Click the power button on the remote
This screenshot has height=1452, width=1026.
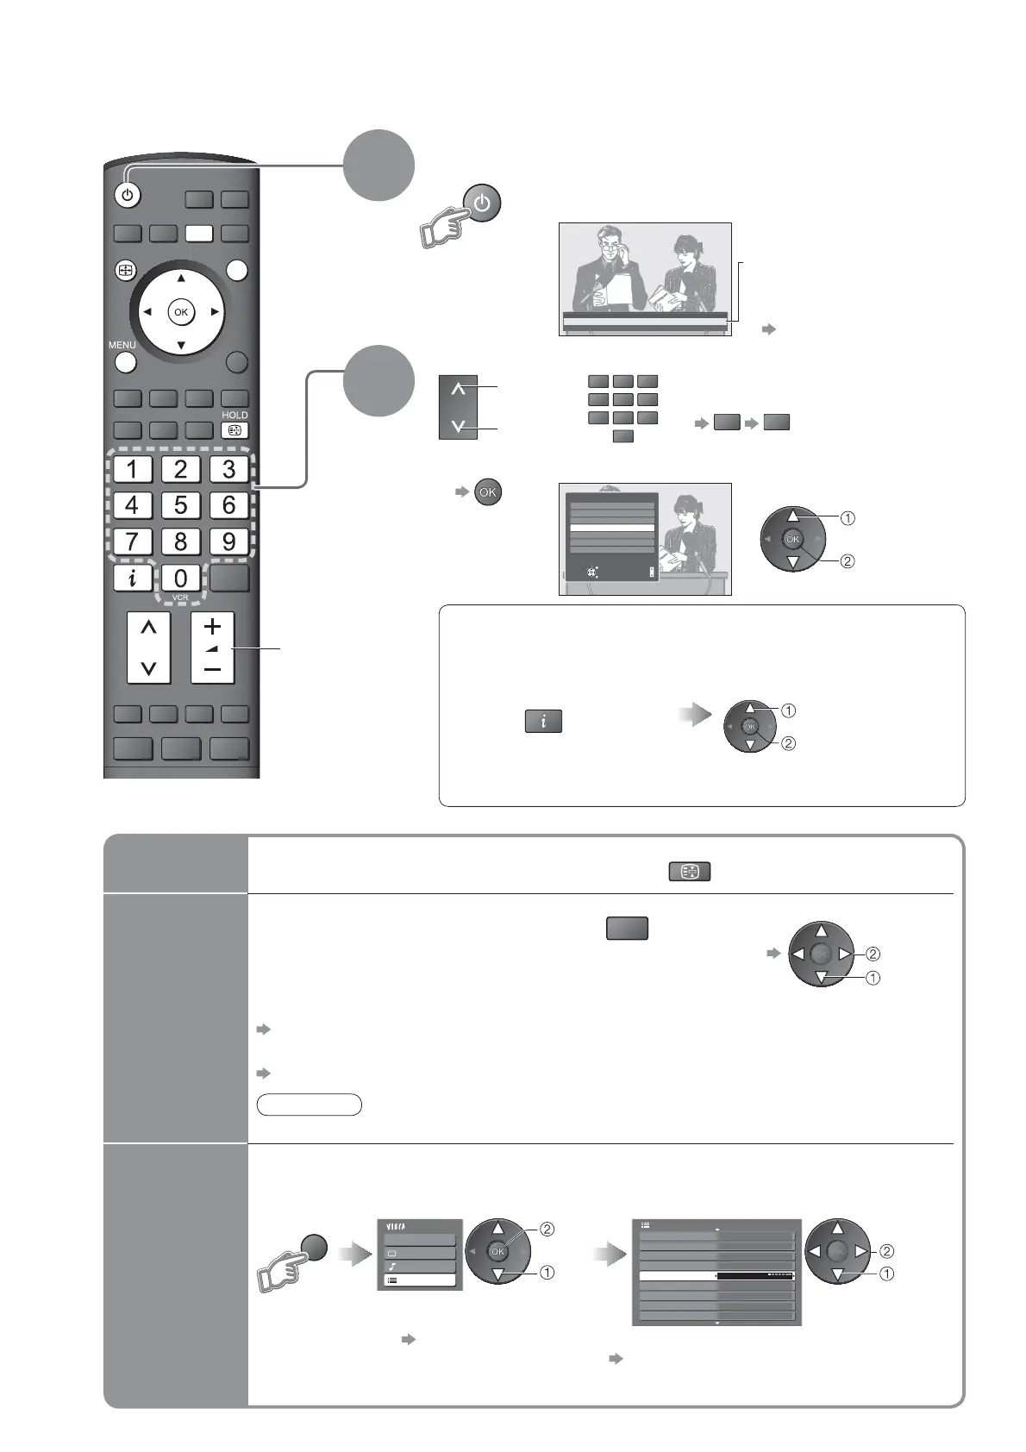tap(128, 196)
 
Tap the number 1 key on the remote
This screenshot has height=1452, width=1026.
tap(132, 470)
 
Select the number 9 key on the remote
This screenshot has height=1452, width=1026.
tap(228, 542)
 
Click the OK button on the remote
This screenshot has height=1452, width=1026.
tap(181, 312)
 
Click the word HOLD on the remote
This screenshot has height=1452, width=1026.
tap(235, 415)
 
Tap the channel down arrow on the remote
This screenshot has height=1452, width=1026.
tap(148, 667)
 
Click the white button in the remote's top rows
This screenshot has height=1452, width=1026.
tap(198, 233)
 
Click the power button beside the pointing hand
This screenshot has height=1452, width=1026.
tap(482, 204)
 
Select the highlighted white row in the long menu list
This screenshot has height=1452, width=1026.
tap(716, 1276)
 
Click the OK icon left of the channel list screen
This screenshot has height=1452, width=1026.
tap(488, 492)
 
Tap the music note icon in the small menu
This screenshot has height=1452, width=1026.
tap(392, 1267)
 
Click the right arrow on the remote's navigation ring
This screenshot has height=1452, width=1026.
tap(215, 312)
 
